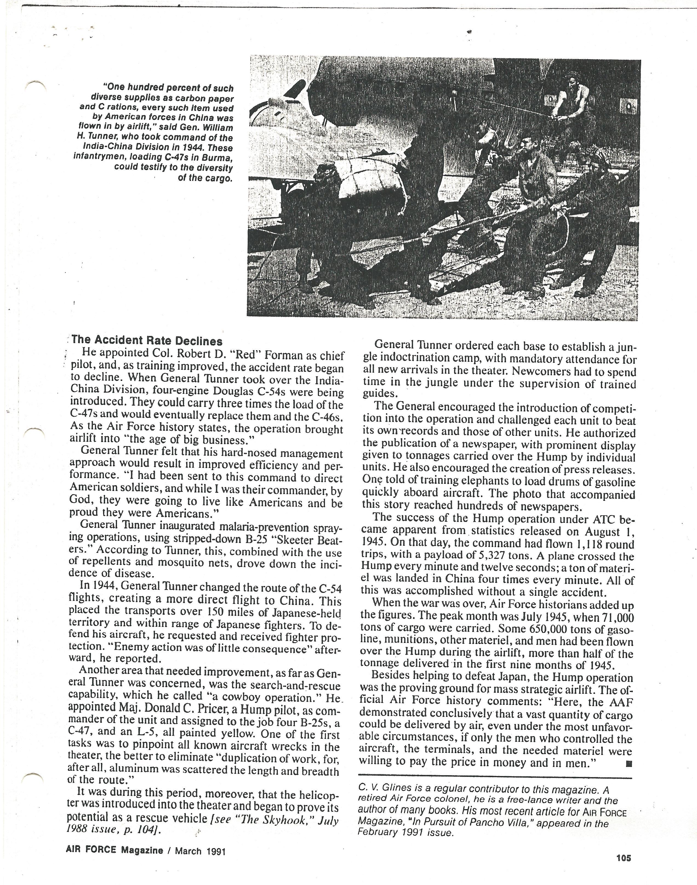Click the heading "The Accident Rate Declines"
[147, 341]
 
